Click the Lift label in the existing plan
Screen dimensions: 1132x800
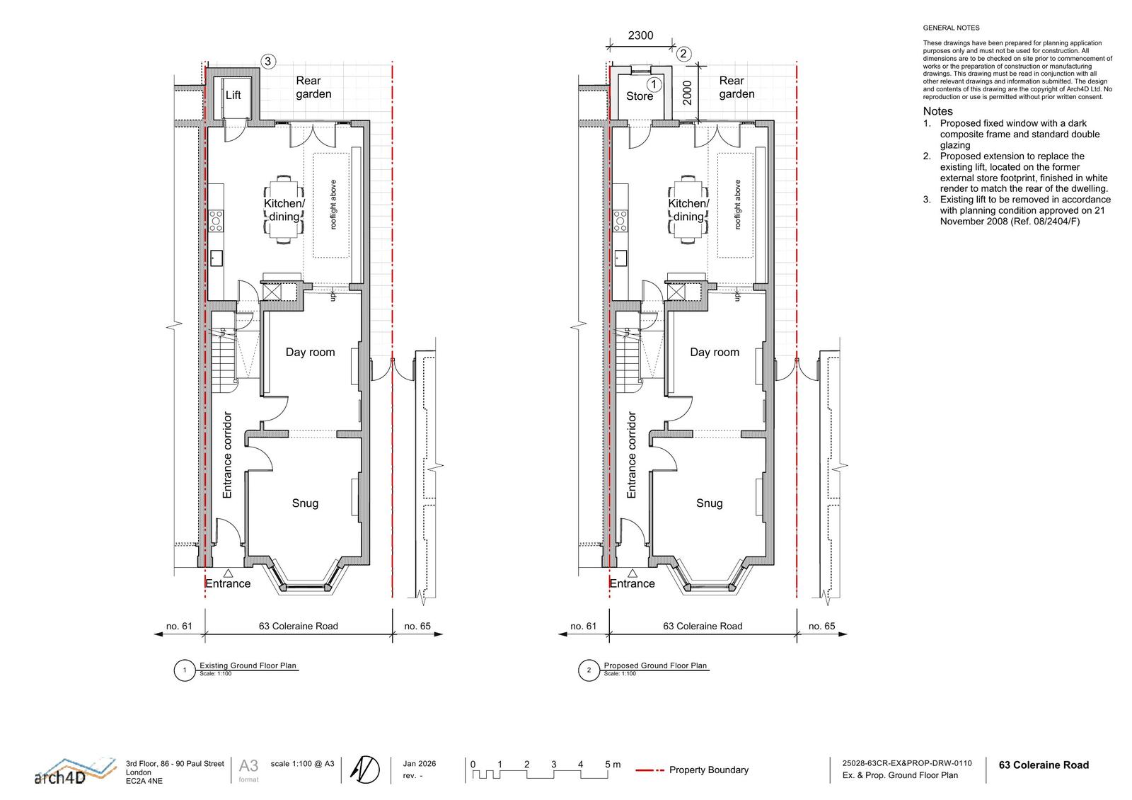point(233,95)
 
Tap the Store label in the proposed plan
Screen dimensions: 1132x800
point(640,96)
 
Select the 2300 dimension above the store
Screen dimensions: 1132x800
point(640,35)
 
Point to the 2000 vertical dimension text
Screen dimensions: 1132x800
point(687,93)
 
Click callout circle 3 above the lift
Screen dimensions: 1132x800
point(268,62)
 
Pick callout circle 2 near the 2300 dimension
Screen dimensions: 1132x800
point(683,54)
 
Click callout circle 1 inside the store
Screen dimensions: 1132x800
point(654,84)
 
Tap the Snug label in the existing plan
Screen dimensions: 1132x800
point(305,503)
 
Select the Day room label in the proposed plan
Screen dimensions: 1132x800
point(715,352)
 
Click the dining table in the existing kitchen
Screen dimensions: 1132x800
point(284,210)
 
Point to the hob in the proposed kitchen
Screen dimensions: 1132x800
point(620,221)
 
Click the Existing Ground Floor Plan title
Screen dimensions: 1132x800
point(248,665)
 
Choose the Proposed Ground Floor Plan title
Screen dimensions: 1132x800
point(655,665)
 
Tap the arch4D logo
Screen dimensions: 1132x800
point(74,772)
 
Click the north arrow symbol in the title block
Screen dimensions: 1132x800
point(365,770)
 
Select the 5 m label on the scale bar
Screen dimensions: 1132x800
point(613,764)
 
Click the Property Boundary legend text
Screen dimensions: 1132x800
point(708,770)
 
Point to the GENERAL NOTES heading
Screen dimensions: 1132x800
point(951,28)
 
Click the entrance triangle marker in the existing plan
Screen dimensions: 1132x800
point(228,573)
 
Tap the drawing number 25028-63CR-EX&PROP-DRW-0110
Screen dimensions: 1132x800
point(906,763)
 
